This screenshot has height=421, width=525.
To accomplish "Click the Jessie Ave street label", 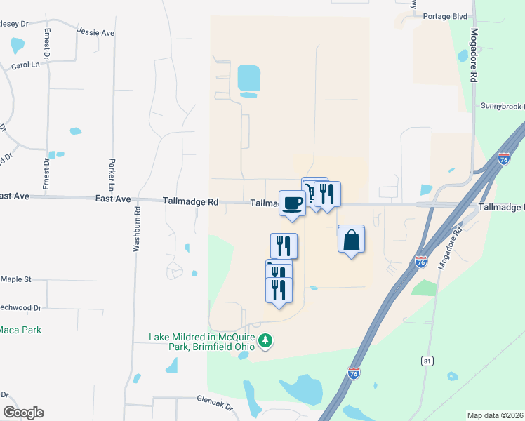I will pos(96,32).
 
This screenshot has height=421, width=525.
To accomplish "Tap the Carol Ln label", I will pos(26,66).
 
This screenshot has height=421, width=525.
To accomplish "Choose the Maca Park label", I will pos(20,330).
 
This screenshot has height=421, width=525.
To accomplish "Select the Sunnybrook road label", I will pos(502,106).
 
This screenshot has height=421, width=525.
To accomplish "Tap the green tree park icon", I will pos(265,342).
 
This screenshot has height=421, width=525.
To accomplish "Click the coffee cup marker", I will pos(293,203).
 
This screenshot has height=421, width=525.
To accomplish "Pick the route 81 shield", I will pos(427,361).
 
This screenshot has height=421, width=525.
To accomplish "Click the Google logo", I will pos(23,412).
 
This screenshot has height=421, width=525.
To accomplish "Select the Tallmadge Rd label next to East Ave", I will pos(190,201).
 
